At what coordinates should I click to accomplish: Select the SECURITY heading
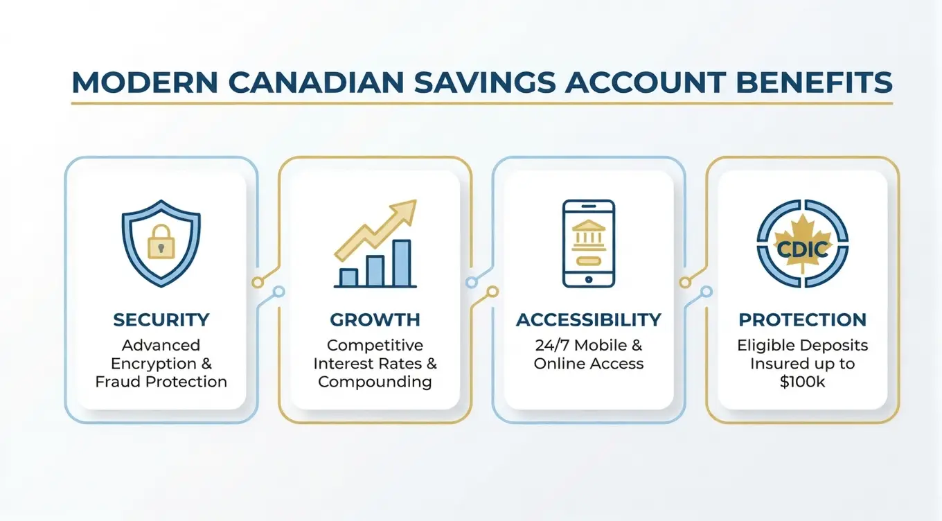click(x=161, y=320)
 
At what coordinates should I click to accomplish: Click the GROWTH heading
click(x=375, y=320)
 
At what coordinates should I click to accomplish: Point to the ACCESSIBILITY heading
click(x=589, y=320)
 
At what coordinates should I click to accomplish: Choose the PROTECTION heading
click(x=802, y=320)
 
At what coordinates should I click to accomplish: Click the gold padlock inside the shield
click(x=161, y=240)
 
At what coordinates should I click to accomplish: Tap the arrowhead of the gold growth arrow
click(x=405, y=211)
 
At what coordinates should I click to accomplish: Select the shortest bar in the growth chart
click(x=348, y=277)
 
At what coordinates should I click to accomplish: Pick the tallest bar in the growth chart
click(x=401, y=263)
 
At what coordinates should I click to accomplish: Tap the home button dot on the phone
click(x=589, y=279)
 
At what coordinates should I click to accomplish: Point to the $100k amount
click(x=802, y=381)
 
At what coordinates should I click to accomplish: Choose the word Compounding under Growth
click(x=375, y=382)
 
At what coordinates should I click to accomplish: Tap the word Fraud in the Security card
click(x=116, y=382)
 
